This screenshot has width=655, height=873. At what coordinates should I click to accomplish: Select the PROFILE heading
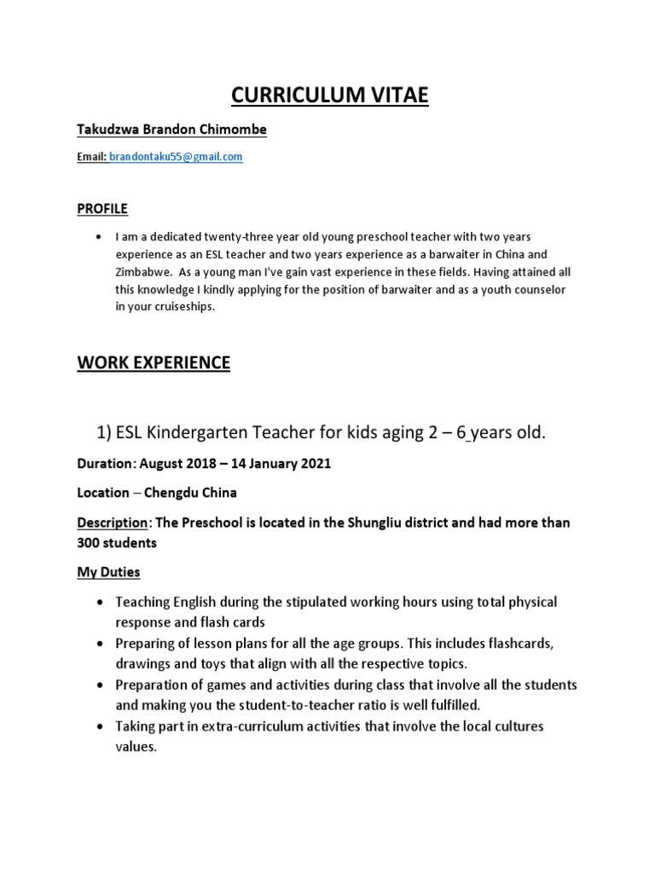click(x=102, y=208)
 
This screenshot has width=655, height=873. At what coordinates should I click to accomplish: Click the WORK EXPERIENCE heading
click(x=154, y=362)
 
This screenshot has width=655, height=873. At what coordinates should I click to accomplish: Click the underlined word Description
click(x=109, y=522)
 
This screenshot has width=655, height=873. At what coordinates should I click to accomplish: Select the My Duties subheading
click(x=108, y=571)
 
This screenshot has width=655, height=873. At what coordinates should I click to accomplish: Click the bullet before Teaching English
click(x=101, y=602)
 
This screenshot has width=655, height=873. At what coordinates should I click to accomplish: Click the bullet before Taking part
click(x=101, y=726)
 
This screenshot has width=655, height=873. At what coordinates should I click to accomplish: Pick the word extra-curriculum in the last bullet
click(x=246, y=726)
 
